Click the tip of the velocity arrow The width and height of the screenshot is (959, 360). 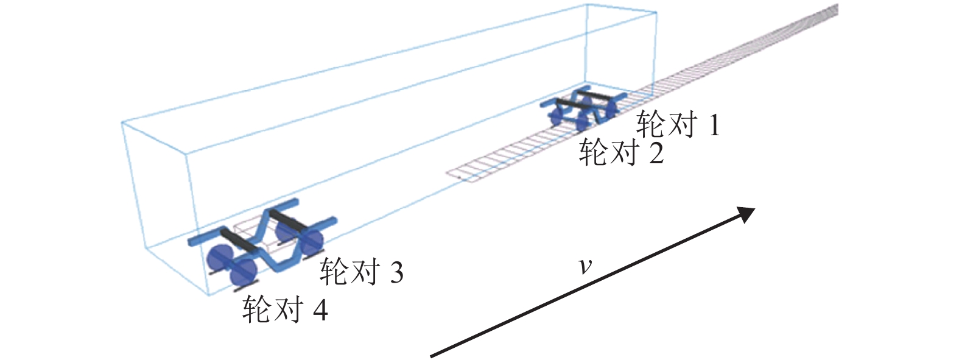[x=754, y=208]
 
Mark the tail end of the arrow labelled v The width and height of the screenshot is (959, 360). [x=430, y=356]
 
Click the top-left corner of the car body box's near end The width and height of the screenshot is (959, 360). [x=122, y=122]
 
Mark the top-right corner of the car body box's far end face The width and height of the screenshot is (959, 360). [x=657, y=12]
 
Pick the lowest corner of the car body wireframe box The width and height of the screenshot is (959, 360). [x=208, y=295]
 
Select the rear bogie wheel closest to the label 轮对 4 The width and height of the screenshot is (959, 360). [x=243, y=271]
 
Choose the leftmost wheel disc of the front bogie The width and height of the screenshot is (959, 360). [x=556, y=115]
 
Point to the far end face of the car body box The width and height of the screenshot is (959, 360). [x=621, y=51]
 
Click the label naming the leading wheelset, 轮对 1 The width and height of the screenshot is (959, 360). [x=678, y=124]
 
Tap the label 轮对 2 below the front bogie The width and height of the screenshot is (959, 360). [x=621, y=153]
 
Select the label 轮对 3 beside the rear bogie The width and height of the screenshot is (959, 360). [x=362, y=272]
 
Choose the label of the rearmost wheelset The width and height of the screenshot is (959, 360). [x=286, y=309]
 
